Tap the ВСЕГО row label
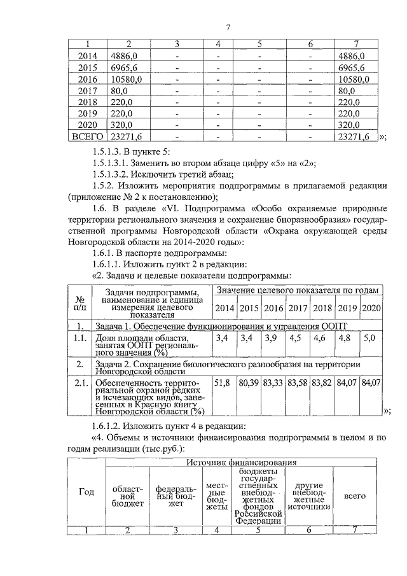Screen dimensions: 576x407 (86, 136)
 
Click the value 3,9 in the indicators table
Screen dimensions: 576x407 (271, 338)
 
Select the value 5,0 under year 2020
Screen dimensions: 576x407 (369, 338)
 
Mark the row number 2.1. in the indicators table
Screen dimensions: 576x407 (80, 383)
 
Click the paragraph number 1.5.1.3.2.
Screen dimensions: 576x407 (114, 174)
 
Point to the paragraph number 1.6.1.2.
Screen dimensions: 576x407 (112, 425)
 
